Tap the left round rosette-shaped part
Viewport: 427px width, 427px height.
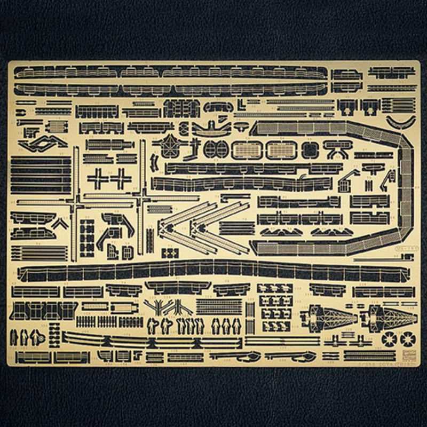(389, 338)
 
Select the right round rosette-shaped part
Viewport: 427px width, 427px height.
(408, 338)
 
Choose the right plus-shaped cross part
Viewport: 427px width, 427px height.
(120, 178)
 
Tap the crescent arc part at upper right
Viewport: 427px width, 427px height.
(400, 123)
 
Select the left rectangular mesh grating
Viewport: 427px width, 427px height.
(247, 150)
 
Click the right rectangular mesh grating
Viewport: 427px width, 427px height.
(281, 150)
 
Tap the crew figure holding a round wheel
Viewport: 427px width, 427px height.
(37, 336)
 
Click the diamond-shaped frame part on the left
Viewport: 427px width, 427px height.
(42, 143)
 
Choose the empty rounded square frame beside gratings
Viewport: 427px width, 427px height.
(309, 150)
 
